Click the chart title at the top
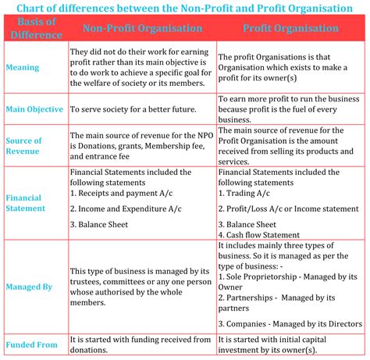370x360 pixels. point(185,8)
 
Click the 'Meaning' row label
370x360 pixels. point(23,67)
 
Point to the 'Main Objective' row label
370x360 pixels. point(34,110)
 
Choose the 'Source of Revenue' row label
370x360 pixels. point(24,145)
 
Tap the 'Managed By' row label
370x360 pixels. point(30,287)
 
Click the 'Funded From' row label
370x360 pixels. point(32,344)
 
